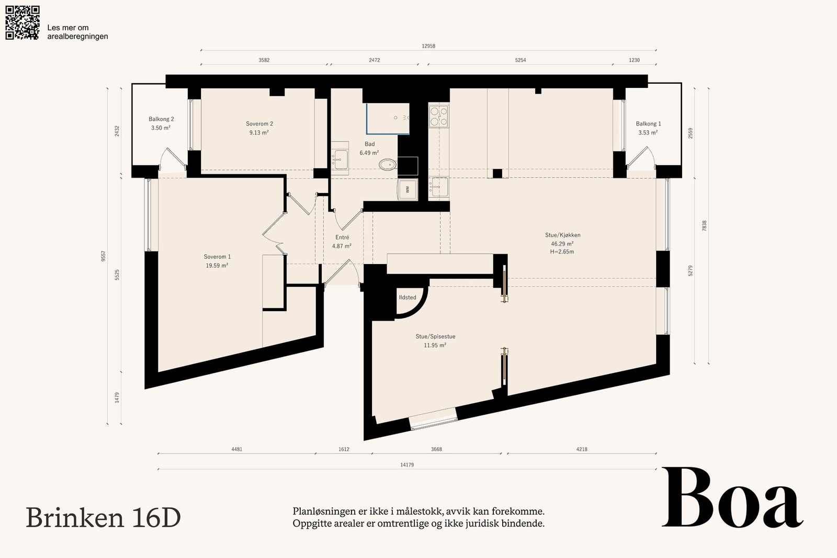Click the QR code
tap(22, 23)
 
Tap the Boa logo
tap(732, 497)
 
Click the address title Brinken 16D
tap(103, 518)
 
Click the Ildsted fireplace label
tap(408, 297)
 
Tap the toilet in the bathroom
tap(388, 164)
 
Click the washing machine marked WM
tap(408, 189)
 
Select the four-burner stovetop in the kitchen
tap(439, 116)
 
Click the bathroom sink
tap(341, 160)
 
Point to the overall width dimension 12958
tap(428, 46)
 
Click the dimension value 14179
tap(407, 465)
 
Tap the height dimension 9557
tap(104, 256)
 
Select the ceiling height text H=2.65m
tap(562, 252)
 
